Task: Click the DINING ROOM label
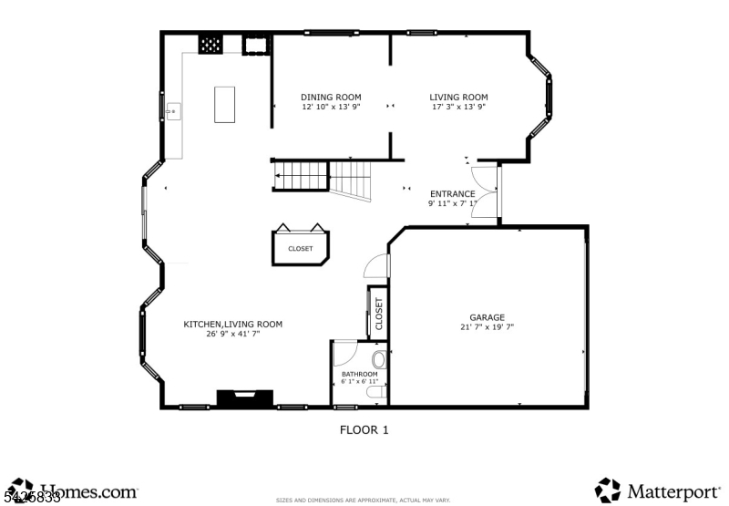tap(331, 97)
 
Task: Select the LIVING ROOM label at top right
tap(458, 97)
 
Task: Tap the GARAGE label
tap(487, 317)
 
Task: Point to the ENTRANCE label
tap(452, 193)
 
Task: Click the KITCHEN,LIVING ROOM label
tap(232, 324)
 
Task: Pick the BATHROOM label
tap(359, 374)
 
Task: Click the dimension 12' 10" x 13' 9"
tap(331, 107)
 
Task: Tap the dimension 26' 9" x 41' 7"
tap(232, 334)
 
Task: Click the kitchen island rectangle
tap(224, 104)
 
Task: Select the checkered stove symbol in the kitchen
tap(210, 44)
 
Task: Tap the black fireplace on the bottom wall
tap(244, 398)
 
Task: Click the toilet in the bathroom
tap(379, 361)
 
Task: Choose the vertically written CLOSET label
tap(378, 313)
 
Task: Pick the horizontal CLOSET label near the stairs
tap(300, 248)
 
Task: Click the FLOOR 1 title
tap(364, 429)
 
